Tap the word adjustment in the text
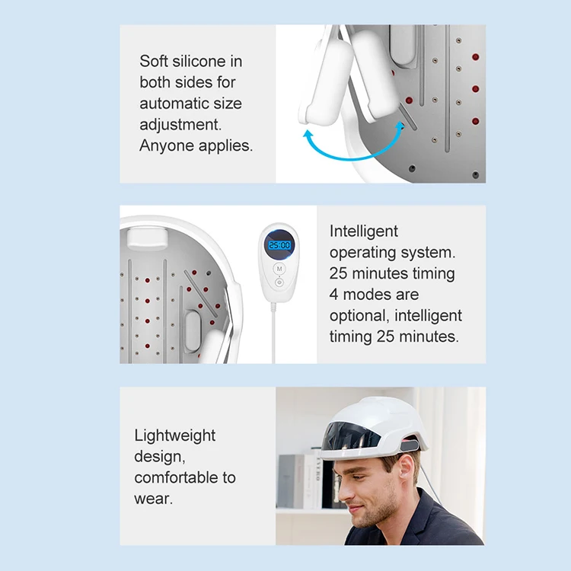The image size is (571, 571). point(180,125)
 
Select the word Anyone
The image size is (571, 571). point(167,146)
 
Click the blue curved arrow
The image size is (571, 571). point(349,149)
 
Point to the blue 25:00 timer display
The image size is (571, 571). point(279,245)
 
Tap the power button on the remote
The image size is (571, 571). point(279,282)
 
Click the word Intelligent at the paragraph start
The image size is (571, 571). point(363,231)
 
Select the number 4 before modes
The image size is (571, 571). point(333,294)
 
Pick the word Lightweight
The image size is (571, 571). point(175,436)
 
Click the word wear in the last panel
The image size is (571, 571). point(153,499)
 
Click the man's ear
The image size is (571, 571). point(405,471)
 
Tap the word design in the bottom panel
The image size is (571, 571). point(160,457)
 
